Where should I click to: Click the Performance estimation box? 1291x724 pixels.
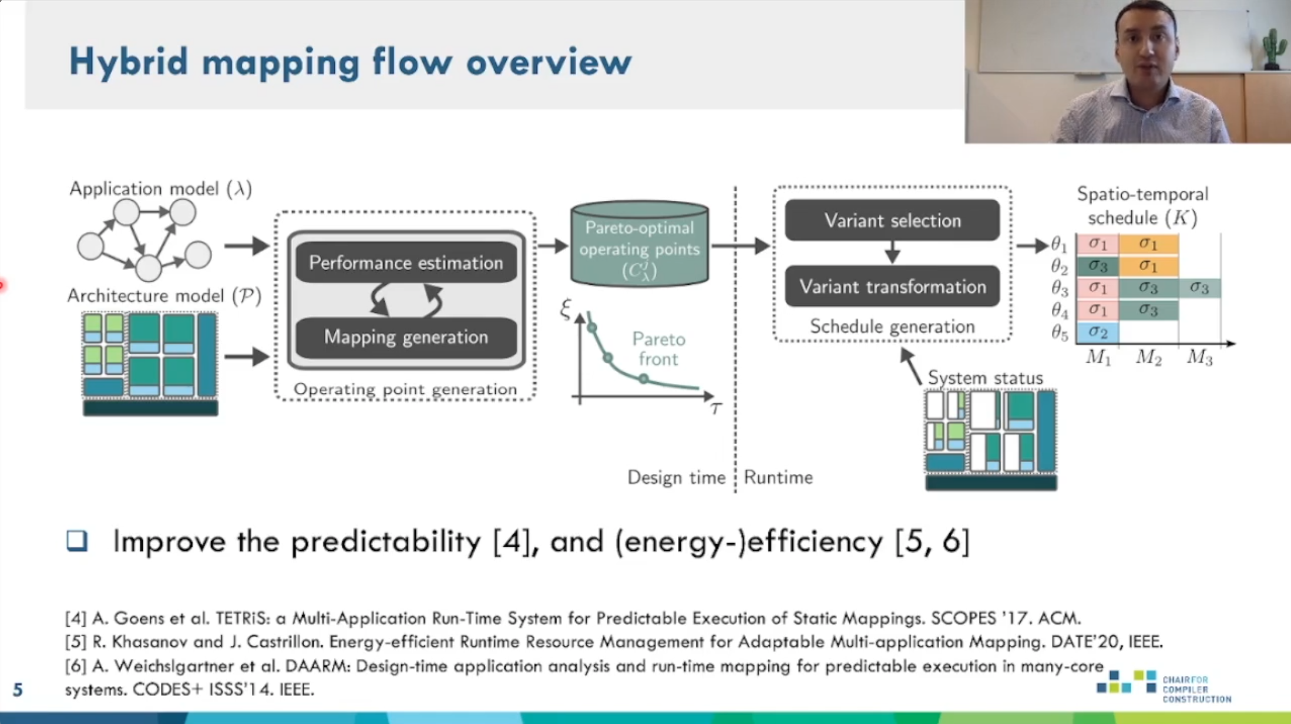click(x=406, y=262)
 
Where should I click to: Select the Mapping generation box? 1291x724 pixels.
click(x=406, y=337)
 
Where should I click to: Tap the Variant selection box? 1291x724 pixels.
click(x=892, y=220)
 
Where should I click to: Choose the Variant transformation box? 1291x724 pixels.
click(x=892, y=287)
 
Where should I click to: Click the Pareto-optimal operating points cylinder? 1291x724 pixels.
click(x=640, y=244)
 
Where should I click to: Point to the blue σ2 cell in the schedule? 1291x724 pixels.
click(x=1097, y=332)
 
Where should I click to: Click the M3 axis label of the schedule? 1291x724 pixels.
click(x=1199, y=357)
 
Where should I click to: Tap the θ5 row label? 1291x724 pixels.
click(x=1060, y=333)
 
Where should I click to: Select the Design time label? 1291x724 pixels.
click(x=676, y=477)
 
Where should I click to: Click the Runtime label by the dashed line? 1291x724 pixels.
click(x=778, y=477)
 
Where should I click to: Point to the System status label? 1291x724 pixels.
click(x=985, y=378)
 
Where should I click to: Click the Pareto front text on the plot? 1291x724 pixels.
click(x=658, y=349)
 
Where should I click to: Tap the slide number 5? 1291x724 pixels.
click(x=18, y=689)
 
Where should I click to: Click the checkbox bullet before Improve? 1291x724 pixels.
click(x=77, y=540)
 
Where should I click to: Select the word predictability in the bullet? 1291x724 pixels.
click(x=386, y=541)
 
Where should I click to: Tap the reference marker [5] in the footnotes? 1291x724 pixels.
click(x=75, y=642)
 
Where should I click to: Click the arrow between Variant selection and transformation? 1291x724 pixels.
click(x=892, y=252)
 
